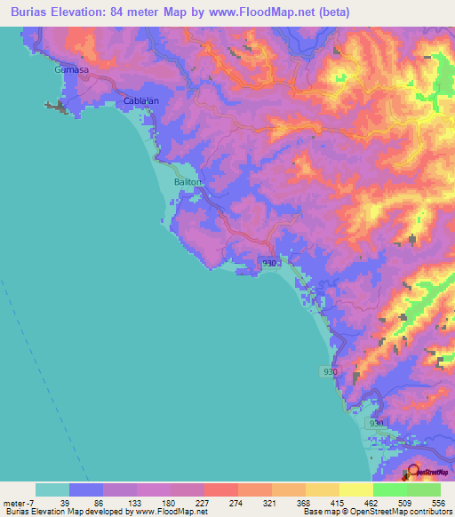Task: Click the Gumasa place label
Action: (x=70, y=69)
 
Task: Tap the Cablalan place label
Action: (x=140, y=100)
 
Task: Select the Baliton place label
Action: (x=188, y=181)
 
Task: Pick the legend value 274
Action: (x=235, y=504)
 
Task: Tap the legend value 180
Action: (x=169, y=504)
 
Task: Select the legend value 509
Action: (x=406, y=504)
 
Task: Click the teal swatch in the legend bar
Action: (x=52, y=489)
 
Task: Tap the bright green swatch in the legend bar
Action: (x=389, y=489)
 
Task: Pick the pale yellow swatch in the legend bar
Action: (x=355, y=489)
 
